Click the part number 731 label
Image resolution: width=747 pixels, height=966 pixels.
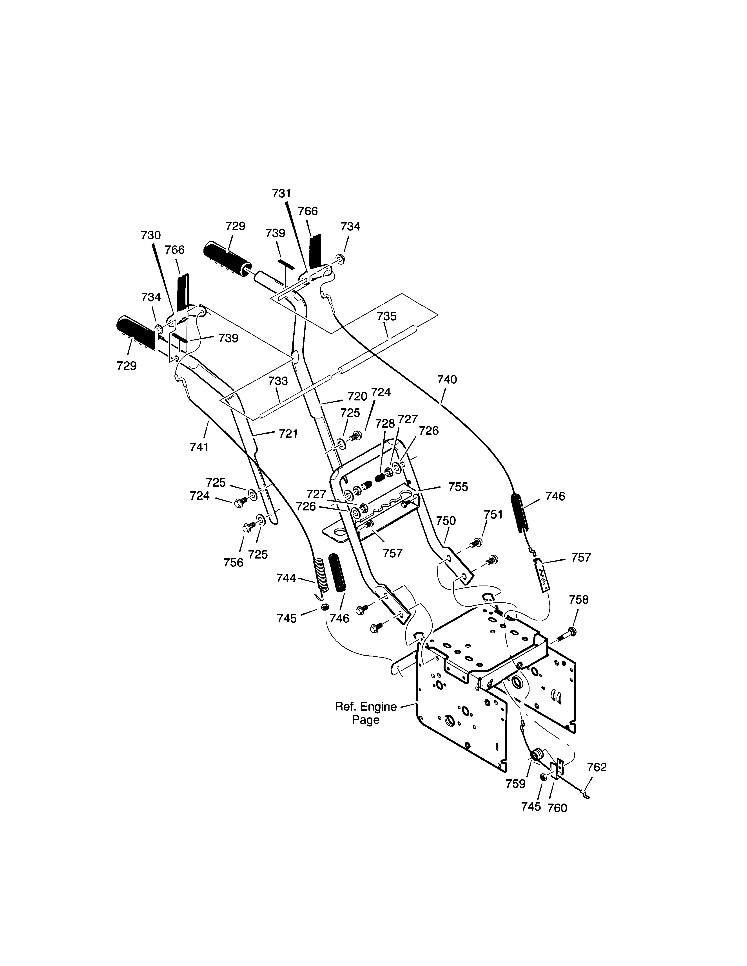point(281,193)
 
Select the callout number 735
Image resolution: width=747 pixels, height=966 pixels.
point(387,316)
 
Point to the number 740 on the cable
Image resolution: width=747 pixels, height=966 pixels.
point(447,380)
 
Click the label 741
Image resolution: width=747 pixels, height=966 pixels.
point(199,447)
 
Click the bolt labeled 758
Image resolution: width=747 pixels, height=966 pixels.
point(562,636)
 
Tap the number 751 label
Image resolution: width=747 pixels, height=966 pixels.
point(493,514)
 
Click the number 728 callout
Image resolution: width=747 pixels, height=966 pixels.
point(385,423)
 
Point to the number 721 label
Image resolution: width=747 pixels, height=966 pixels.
point(288,434)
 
